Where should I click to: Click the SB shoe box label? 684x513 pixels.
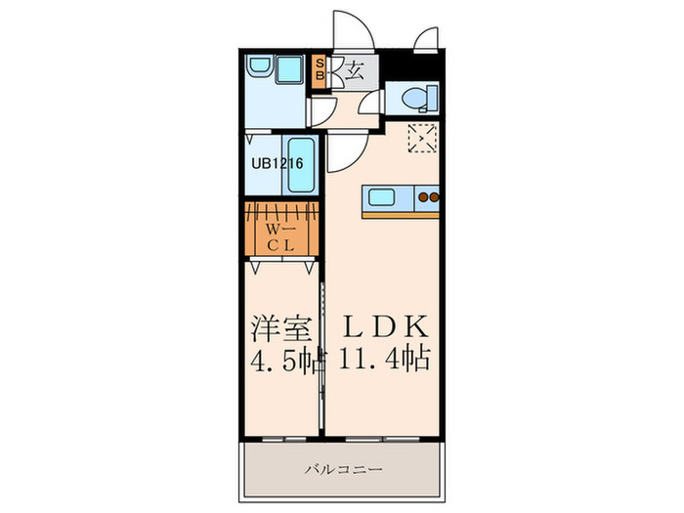click(319, 72)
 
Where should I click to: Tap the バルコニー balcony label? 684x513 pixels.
click(342, 469)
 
